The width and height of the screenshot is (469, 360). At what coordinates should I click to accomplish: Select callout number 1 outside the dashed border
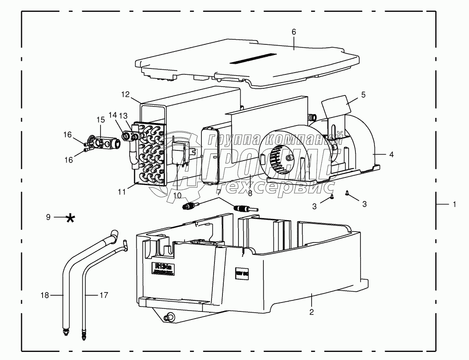454,205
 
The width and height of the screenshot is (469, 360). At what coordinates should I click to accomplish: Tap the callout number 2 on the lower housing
311,313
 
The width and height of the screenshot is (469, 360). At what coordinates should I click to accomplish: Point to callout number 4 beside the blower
391,155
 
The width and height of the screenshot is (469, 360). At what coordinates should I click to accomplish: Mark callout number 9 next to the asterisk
48,217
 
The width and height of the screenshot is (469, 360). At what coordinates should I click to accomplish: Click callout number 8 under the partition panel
250,194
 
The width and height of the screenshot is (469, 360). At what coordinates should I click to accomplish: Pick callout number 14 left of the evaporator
112,115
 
